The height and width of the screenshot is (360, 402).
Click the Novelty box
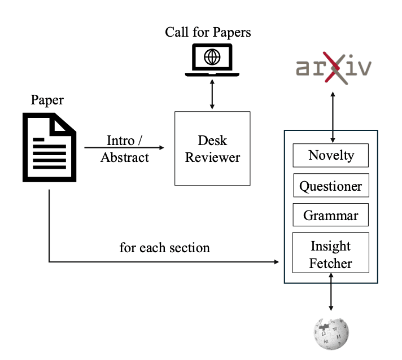(x=330, y=155)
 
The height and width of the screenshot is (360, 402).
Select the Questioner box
(x=330, y=186)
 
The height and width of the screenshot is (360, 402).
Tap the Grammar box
(x=330, y=215)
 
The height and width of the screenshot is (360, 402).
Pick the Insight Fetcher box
(x=330, y=254)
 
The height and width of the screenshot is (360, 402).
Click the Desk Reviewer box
(x=212, y=149)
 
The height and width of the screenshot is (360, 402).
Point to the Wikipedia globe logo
(x=331, y=332)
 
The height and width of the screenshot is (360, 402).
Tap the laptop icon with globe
(x=212, y=60)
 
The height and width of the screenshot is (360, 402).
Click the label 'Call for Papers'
(x=208, y=32)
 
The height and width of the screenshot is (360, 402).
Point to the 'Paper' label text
(x=47, y=100)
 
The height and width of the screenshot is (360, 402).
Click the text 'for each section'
(x=165, y=247)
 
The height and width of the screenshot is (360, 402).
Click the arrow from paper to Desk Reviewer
(x=124, y=148)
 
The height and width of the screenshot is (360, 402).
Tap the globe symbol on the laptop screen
(x=212, y=56)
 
